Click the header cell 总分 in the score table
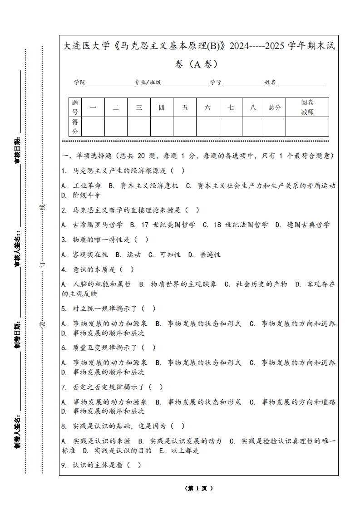point(275,108)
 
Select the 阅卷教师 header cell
point(307,108)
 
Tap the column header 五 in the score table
point(185,108)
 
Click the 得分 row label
point(75,127)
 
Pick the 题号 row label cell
point(75,108)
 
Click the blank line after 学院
point(109,83)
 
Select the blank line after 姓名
point(301,83)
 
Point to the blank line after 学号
point(243,83)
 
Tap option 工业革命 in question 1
point(87,186)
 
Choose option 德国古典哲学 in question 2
point(308,225)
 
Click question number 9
point(64,465)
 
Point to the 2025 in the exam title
point(275,46)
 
